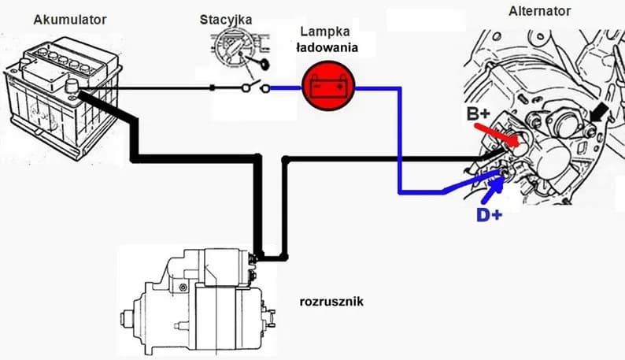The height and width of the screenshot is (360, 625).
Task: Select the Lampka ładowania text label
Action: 326,40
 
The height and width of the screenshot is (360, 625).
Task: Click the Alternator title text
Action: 540,11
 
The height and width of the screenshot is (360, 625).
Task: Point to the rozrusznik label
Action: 331,301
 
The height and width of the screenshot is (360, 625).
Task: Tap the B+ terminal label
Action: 479,114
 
